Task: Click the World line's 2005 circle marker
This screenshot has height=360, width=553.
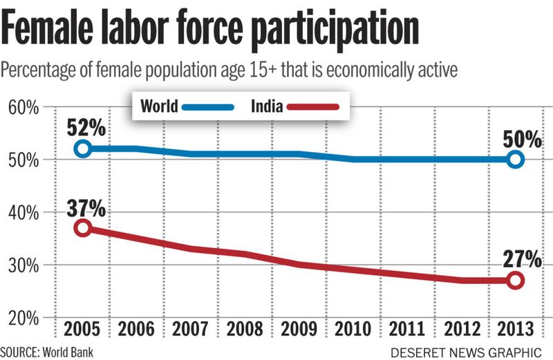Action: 83,149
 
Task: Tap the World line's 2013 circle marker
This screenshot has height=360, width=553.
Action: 515,160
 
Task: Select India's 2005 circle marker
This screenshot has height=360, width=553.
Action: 83,228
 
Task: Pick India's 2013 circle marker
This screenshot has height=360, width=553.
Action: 515,281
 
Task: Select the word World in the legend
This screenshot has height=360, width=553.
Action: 159,106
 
